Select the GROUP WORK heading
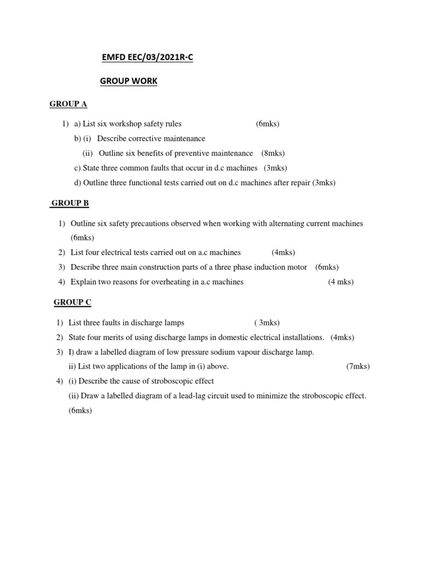tap(128, 81)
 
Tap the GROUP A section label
tap(69, 104)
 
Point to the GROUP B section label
tap(70, 203)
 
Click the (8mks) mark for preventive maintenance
tap(273, 153)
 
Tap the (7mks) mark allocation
tap(358, 367)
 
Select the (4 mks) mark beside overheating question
tap(341, 282)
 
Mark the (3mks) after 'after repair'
tap(324, 183)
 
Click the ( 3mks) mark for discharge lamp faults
tap(267, 322)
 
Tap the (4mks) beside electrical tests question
tap(283, 253)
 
